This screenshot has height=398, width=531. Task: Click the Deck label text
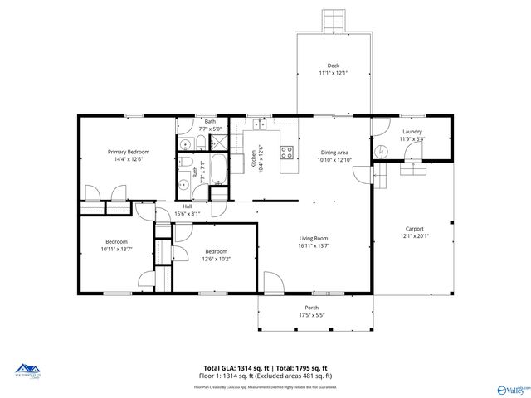[333, 66]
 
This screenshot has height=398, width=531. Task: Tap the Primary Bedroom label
[129, 152]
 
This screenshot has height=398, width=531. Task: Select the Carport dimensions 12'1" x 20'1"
[414, 236]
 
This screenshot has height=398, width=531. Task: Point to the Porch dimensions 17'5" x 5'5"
[311, 315]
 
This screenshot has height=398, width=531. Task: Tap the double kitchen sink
[259, 125]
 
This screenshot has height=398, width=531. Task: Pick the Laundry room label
[412, 132]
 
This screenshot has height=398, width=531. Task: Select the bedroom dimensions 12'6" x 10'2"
[217, 258]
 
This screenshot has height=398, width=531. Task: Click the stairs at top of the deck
[333, 21]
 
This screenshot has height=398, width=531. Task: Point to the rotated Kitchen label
[254, 158]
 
